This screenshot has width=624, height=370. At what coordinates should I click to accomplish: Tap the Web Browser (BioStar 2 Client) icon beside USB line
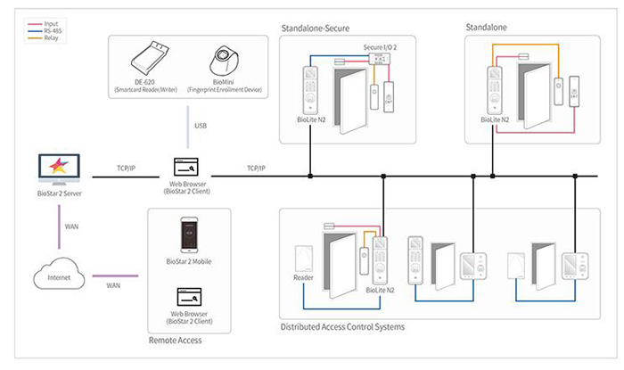186,166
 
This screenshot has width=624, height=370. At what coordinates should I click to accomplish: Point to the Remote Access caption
174,340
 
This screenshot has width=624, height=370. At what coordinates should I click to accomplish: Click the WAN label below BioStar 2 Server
72,226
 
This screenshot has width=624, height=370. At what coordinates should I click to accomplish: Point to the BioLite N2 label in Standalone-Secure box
313,119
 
